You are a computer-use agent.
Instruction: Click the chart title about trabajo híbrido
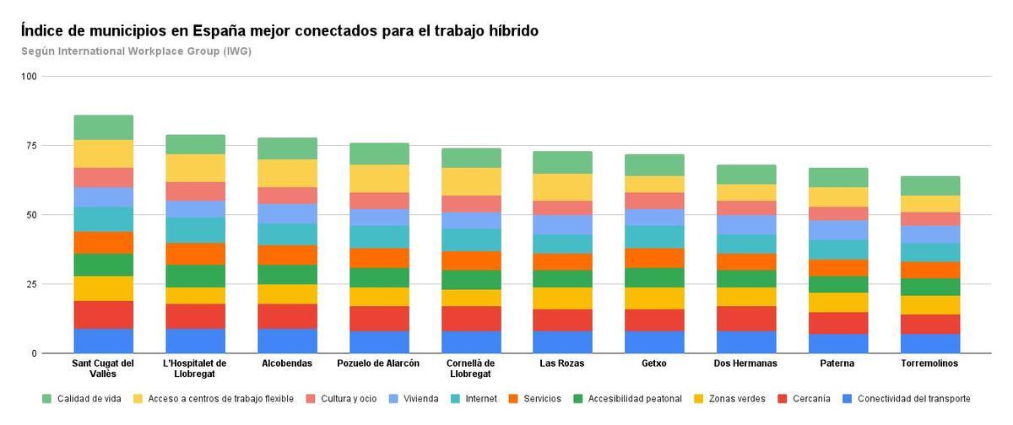coord(279,31)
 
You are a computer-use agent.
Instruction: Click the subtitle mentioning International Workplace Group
coord(136,51)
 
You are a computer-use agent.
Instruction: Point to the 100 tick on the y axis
coord(30,77)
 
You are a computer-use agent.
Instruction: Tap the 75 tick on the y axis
coord(30,146)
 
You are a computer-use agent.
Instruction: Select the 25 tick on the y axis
coord(30,284)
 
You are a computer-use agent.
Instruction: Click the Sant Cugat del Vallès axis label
coord(103,369)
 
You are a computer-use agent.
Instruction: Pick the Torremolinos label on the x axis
coord(929,363)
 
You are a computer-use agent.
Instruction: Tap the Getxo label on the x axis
coord(653,363)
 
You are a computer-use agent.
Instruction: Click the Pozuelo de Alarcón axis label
coord(378,363)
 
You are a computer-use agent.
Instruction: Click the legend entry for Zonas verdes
coord(731,399)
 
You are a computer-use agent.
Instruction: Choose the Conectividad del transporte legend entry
coord(913,399)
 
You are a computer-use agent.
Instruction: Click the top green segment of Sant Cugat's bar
coord(103,127)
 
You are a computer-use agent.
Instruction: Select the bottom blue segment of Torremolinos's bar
coord(929,343)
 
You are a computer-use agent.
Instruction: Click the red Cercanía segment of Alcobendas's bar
coord(287,316)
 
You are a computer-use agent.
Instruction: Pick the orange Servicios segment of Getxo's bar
coord(653,258)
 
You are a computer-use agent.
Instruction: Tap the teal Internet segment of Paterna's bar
coord(837,250)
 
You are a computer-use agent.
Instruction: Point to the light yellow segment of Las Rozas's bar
coord(562,187)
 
